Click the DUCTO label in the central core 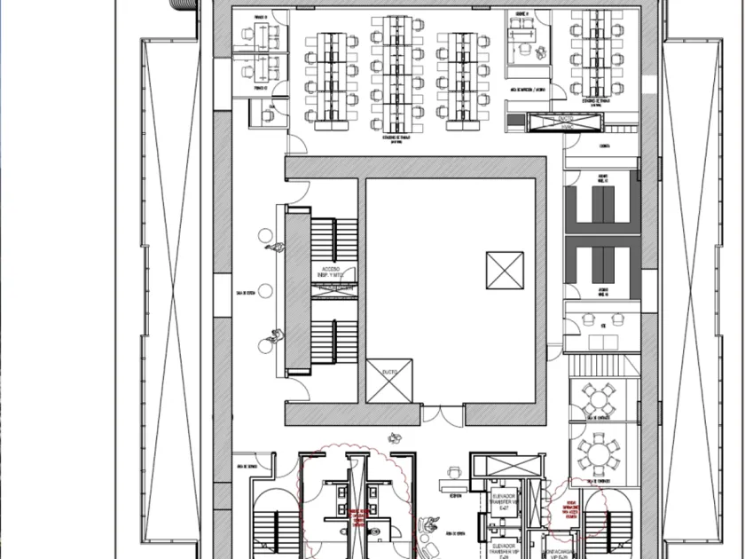point(389,371)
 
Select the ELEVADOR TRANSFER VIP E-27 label point(502,503)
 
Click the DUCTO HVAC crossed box point(553,124)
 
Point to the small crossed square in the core point(504,270)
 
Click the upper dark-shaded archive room point(603,209)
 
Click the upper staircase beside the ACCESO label point(333,244)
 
